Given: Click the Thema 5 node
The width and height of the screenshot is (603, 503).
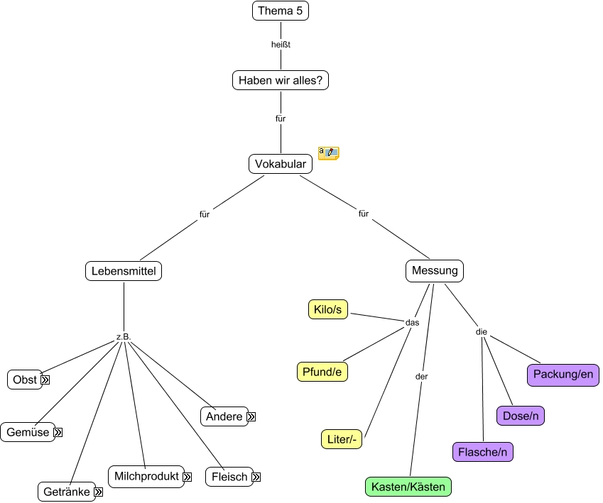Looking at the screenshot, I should (281, 11).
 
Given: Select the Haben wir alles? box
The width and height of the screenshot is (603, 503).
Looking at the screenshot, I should (281, 80).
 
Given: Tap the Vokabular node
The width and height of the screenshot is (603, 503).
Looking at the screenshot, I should (281, 164).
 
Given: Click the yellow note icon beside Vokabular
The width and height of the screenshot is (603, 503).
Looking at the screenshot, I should (328, 153).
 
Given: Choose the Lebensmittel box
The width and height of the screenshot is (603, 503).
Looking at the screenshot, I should (124, 270).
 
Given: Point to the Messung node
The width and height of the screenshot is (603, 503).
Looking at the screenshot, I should (435, 270).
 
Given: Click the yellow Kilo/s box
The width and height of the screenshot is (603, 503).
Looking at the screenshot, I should (328, 310).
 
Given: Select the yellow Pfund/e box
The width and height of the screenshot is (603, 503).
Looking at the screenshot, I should (322, 371).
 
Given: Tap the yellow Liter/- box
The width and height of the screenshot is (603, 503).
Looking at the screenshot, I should (342, 439).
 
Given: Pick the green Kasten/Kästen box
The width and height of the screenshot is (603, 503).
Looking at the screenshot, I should (408, 487).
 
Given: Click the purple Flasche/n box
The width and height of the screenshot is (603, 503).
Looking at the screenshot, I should (483, 451).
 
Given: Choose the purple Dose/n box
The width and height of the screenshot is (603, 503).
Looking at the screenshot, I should (520, 416).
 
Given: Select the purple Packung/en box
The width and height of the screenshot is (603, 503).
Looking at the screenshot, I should (563, 374).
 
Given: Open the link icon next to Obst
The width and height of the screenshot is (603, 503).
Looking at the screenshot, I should (45, 380).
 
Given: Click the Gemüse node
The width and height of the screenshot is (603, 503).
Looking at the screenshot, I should (28, 431).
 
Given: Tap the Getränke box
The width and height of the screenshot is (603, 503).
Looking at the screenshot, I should (66, 492).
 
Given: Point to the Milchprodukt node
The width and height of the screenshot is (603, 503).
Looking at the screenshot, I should (146, 476).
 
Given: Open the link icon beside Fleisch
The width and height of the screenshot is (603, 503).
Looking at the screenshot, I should (256, 477).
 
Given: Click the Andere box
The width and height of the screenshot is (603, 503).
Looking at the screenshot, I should (224, 416).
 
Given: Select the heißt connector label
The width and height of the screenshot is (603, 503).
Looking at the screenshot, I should (281, 45).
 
